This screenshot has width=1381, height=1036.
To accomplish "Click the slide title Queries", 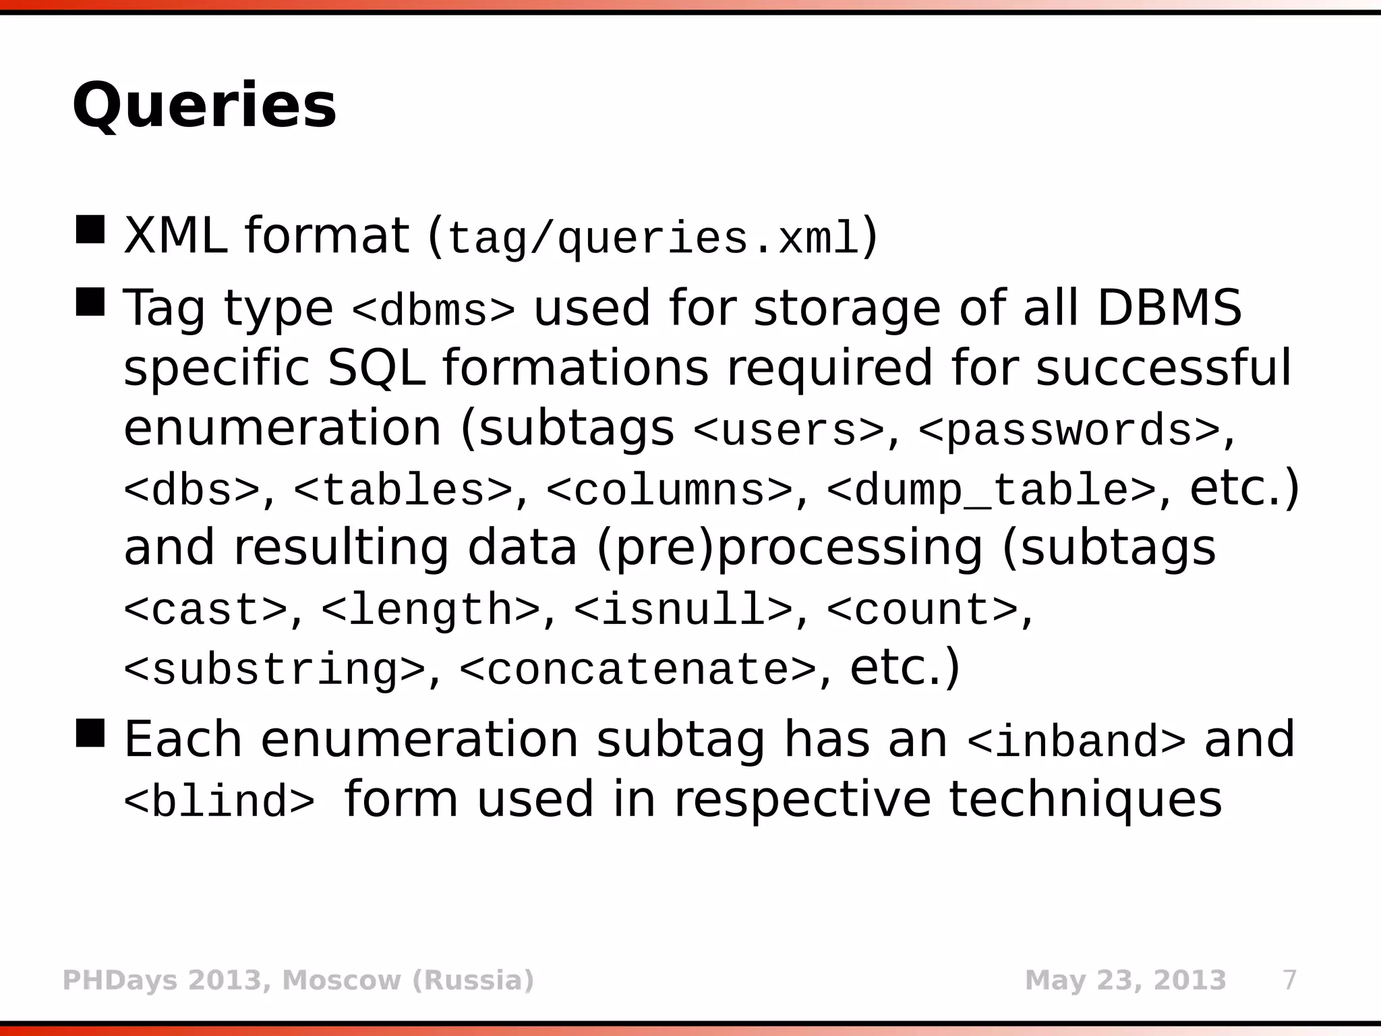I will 204,106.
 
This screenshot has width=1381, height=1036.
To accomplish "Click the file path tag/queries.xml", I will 653,238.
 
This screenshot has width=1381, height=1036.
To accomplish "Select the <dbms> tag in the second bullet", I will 434,310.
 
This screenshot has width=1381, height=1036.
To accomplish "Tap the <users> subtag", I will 788,430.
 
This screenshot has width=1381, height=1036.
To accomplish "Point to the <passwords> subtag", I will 1069,430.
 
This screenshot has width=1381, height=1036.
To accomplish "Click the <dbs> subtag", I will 192,490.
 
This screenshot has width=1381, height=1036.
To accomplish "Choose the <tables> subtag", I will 403,490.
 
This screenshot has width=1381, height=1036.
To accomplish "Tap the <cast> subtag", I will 206,610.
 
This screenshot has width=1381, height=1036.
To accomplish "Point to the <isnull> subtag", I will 683,610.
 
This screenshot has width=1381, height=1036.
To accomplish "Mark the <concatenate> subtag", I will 637,669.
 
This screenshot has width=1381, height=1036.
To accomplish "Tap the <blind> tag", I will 219,801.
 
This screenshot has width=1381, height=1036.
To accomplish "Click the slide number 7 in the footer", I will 1289,980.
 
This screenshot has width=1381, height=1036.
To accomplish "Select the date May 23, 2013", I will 1125,980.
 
